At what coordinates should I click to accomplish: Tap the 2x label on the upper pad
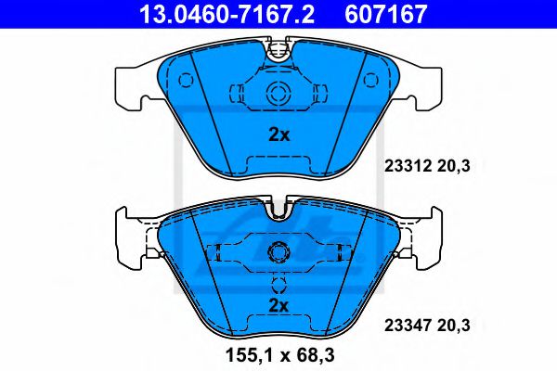click(278, 134)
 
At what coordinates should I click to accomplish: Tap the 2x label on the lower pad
click(278, 305)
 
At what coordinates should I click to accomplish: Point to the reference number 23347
click(405, 326)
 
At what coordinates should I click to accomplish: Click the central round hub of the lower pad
click(278, 252)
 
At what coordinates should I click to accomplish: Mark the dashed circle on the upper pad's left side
click(186, 81)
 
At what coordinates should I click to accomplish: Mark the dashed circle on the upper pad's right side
click(372, 81)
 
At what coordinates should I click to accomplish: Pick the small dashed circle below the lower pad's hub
click(278, 285)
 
